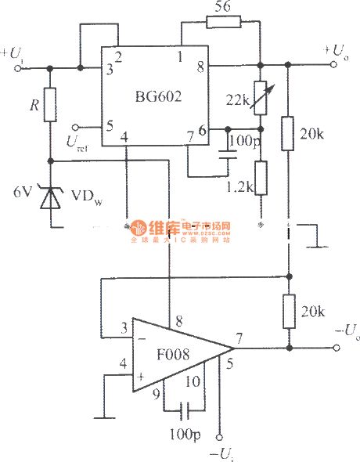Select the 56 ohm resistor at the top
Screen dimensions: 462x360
pyautogui.click(x=219, y=23)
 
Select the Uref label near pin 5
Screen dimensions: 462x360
pyautogui.click(x=79, y=143)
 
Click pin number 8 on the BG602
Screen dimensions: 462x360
pyautogui.click(x=200, y=67)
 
